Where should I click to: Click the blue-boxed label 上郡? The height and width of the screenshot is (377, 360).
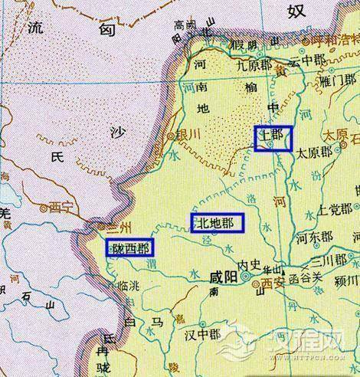(x=273, y=138)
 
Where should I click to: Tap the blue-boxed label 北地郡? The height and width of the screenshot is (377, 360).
(x=218, y=222)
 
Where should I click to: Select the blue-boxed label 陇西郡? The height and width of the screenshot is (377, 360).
(x=129, y=247)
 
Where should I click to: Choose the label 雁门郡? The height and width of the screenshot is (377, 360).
(x=337, y=79)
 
